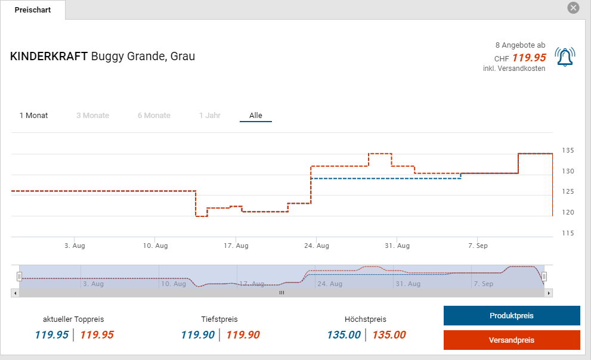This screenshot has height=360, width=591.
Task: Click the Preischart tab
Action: [x=33, y=10]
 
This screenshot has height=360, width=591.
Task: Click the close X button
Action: [x=573, y=8]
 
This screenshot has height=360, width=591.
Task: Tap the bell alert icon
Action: [x=564, y=57]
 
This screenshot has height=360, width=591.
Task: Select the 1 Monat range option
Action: [x=34, y=116]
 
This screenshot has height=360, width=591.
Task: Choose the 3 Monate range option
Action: [x=92, y=116]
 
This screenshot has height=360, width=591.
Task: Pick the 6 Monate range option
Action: [x=154, y=116]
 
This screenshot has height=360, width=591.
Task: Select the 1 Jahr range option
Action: [x=210, y=116]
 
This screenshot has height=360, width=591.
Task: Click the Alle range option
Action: [x=256, y=116]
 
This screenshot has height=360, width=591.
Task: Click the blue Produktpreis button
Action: [x=512, y=316]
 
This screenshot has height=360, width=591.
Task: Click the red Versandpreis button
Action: [x=512, y=340]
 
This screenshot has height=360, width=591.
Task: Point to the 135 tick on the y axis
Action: [x=568, y=150]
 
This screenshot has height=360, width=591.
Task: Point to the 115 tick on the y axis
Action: [x=568, y=233]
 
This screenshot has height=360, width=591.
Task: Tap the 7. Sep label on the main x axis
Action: [x=478, y=246]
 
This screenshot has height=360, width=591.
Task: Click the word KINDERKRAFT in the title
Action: [x=49, y=57]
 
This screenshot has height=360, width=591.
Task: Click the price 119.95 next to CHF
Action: [x=529, y=58]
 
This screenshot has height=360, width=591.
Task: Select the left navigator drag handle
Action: [x=19, y=276]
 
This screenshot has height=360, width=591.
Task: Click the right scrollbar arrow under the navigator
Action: [x=549, y=293]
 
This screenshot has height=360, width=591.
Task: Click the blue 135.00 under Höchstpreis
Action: [x=344, y=335]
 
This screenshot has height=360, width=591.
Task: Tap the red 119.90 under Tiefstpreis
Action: [x=243, y=335]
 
